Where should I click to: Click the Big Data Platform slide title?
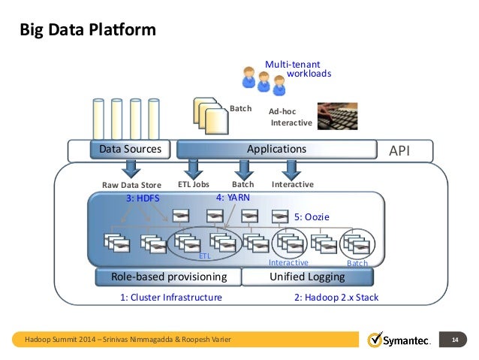[x=88, y=30]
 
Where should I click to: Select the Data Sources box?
[x=130, y=150]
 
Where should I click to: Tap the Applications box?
[x=277, y=150]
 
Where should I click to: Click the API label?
[x=399, y=151]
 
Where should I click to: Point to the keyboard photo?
[x=337, y=116]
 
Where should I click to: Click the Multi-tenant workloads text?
[x=298, y=69]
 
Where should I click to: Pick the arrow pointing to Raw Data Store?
[x=131, y=169]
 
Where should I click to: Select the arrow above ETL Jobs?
[x=194, y=169]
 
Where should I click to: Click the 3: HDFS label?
[x=143, y=198]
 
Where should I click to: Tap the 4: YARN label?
[x=233, y=198]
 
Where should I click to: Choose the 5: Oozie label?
[x=312, y=217]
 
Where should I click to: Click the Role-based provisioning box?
[x=168, y=277]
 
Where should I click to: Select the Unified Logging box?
[x=307, y=277]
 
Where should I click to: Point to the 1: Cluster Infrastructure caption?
[x=171, y=298]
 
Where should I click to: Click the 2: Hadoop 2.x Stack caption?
[x=336, y=298]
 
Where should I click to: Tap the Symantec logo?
[x=399, y=340]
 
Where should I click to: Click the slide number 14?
[x=455, y=340]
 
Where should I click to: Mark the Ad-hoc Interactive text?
[x=291, y=117]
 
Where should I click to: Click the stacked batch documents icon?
[x=211, y=116]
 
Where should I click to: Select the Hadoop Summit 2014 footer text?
[x=128, y=340]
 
